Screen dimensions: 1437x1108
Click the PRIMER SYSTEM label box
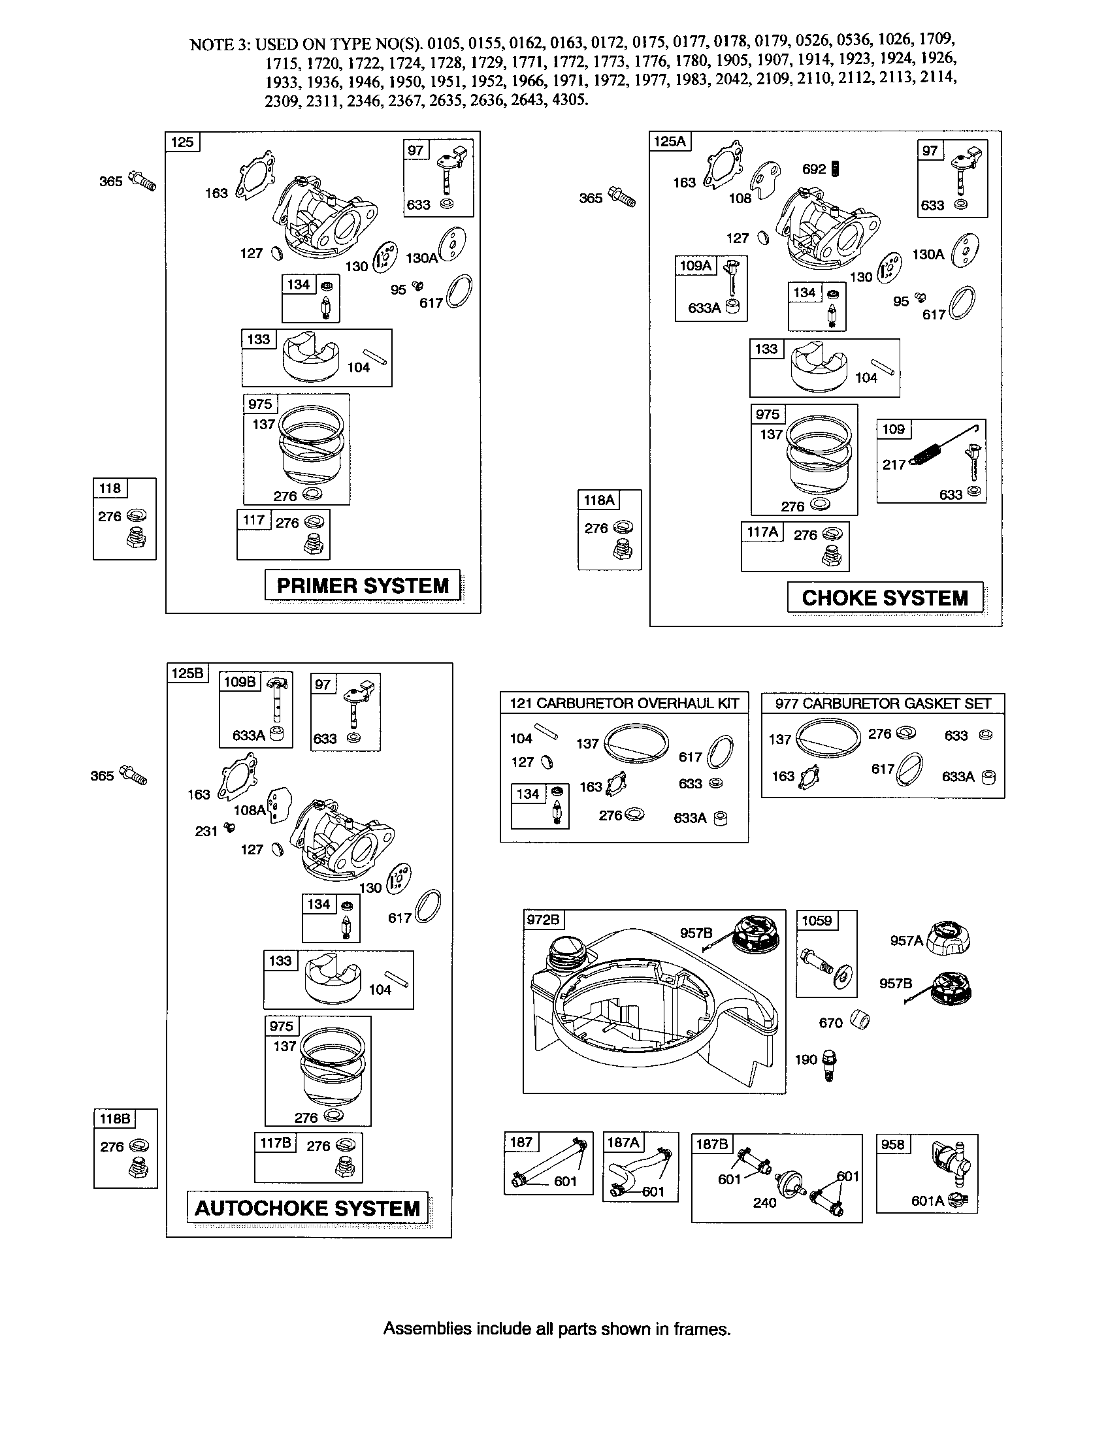(x=363, y=585)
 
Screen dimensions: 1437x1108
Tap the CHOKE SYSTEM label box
(x=885, y=597)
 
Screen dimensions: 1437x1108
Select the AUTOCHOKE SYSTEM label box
(x=307, y=1208)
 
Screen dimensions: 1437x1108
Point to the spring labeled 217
(x=928, y=455)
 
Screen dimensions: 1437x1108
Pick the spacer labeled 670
(x=860, y=1020)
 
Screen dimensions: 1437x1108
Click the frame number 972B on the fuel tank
(x=543, y=919)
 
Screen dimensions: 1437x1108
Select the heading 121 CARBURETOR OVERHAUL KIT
(x=624, y=703)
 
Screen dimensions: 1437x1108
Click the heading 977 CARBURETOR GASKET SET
(x=883, y=703)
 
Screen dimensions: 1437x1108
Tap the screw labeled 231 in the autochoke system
(x=229, y=828)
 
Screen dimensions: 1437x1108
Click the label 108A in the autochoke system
(x=250, y=810)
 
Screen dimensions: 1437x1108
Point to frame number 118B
(x=114, y=1118)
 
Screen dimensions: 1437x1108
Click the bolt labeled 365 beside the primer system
(x=143, y=180)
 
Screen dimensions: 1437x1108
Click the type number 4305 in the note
(x=570, y=101)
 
